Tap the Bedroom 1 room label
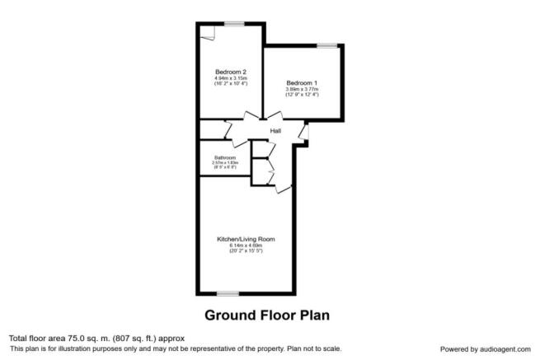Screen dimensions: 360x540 pos(303,83)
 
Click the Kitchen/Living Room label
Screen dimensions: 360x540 pos(246,239)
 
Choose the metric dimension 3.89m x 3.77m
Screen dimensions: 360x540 pos(303,90)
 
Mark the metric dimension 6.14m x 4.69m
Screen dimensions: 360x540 pos(246,245)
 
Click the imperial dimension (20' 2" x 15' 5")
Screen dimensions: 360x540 pos(246,250)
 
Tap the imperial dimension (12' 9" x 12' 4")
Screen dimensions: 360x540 pos(303,96)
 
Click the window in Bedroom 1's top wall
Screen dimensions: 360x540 pos(326,44)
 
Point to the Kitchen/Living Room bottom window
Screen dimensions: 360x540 pos(228,292)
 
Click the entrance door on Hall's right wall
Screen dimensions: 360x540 pos(303,131)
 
